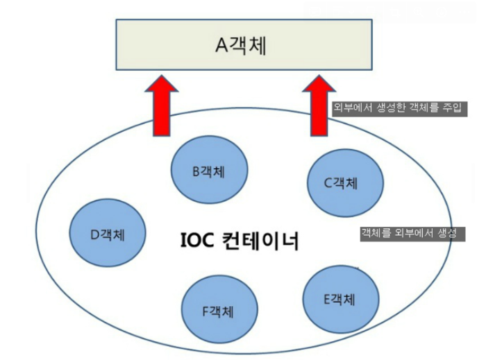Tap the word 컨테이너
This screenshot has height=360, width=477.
click(x=259, y=243)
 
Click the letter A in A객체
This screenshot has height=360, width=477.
click(x=221, y=46)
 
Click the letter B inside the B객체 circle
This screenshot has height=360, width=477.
click(x=197, y=171)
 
